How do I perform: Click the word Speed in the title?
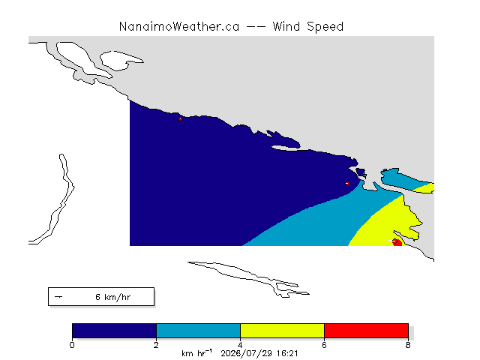point(325,27)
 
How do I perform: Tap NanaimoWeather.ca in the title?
point(179,27)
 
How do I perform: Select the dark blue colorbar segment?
point(115,331)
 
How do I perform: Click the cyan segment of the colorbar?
point(198,331)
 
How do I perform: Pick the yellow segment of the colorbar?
point(282,331)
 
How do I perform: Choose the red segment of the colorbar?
point(367,331)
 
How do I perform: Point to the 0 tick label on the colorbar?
point(72,345)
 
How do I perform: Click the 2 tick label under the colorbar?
point(157,345)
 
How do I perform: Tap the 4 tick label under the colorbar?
point(240,345)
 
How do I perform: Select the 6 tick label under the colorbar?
point(324,345)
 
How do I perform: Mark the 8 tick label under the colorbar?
point(408,345)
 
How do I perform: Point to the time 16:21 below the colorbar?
point(287,354)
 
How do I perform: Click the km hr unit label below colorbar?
point(196,353)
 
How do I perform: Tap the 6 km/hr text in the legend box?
point(113,297)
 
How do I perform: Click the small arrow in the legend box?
point(58,297)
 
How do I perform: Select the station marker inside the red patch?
point(395,241)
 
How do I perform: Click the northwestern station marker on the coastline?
point(180,118)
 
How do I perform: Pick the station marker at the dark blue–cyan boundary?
point(347,183)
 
